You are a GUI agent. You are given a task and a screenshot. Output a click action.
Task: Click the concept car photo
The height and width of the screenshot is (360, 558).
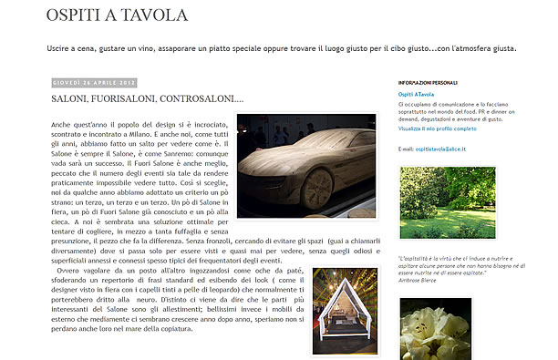[305, 165]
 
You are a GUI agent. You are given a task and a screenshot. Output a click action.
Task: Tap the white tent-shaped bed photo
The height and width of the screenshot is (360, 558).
[344, 311]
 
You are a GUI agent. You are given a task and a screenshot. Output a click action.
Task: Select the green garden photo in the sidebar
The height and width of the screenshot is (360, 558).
[448, 203]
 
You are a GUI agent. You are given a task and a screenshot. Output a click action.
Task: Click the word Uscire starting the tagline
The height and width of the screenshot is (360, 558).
[60, 48]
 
